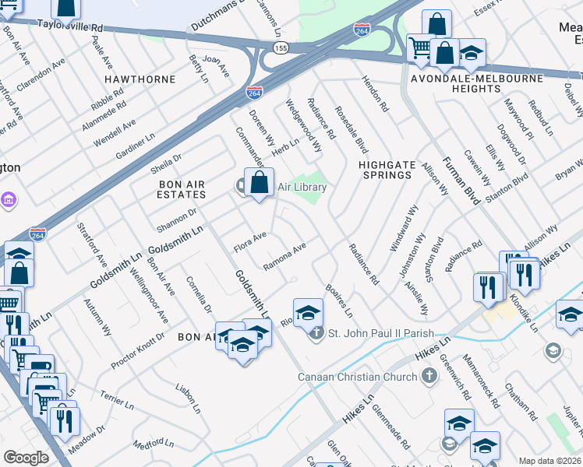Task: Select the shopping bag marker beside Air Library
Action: (x=260, y=184)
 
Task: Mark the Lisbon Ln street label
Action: (x=188, y=399)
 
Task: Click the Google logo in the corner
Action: (x=26, y=458)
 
